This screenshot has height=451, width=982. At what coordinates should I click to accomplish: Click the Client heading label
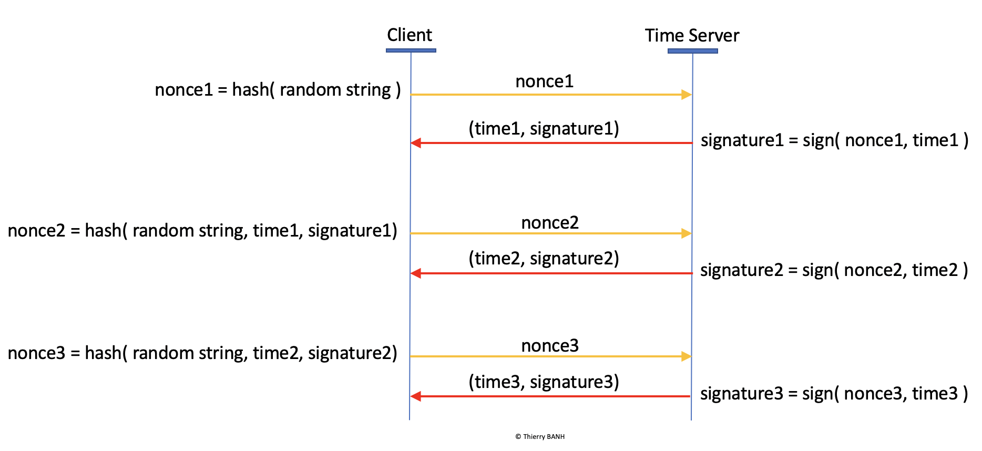[410, 35]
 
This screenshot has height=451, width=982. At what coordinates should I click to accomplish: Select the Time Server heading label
[692, 36]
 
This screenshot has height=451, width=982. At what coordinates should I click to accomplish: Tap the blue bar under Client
[411, 50]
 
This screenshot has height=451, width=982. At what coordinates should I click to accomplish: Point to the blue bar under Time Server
[693, 51]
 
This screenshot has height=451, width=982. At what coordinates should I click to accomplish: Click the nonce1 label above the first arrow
[545, 81]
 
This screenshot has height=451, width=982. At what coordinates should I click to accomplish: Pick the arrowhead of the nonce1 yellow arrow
[687, 95]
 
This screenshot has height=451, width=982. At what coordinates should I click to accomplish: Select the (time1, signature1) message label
[544, 129]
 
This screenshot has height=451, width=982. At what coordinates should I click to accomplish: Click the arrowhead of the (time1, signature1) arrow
[416, 143]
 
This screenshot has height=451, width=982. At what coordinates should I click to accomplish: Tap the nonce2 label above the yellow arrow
[550, 223]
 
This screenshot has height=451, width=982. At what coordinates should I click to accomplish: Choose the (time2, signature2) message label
[544, 259]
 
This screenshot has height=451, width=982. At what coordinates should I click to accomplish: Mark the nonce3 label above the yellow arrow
[550, 346]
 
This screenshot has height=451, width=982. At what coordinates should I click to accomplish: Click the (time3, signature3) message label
[544, 382]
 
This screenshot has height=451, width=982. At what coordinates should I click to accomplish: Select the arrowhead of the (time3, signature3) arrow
[416, 396]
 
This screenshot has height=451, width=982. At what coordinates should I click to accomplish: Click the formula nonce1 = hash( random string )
[278, 90]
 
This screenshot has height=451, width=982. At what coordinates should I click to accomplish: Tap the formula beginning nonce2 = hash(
[203, 231]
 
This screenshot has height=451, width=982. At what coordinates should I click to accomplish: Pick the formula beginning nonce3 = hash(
[203, 353]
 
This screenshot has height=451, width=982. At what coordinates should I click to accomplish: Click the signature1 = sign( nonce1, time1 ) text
[835, 140]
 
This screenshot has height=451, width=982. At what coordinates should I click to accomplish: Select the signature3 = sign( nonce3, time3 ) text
[834, 394]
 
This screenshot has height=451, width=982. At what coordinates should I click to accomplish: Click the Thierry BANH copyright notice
[540, 437]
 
